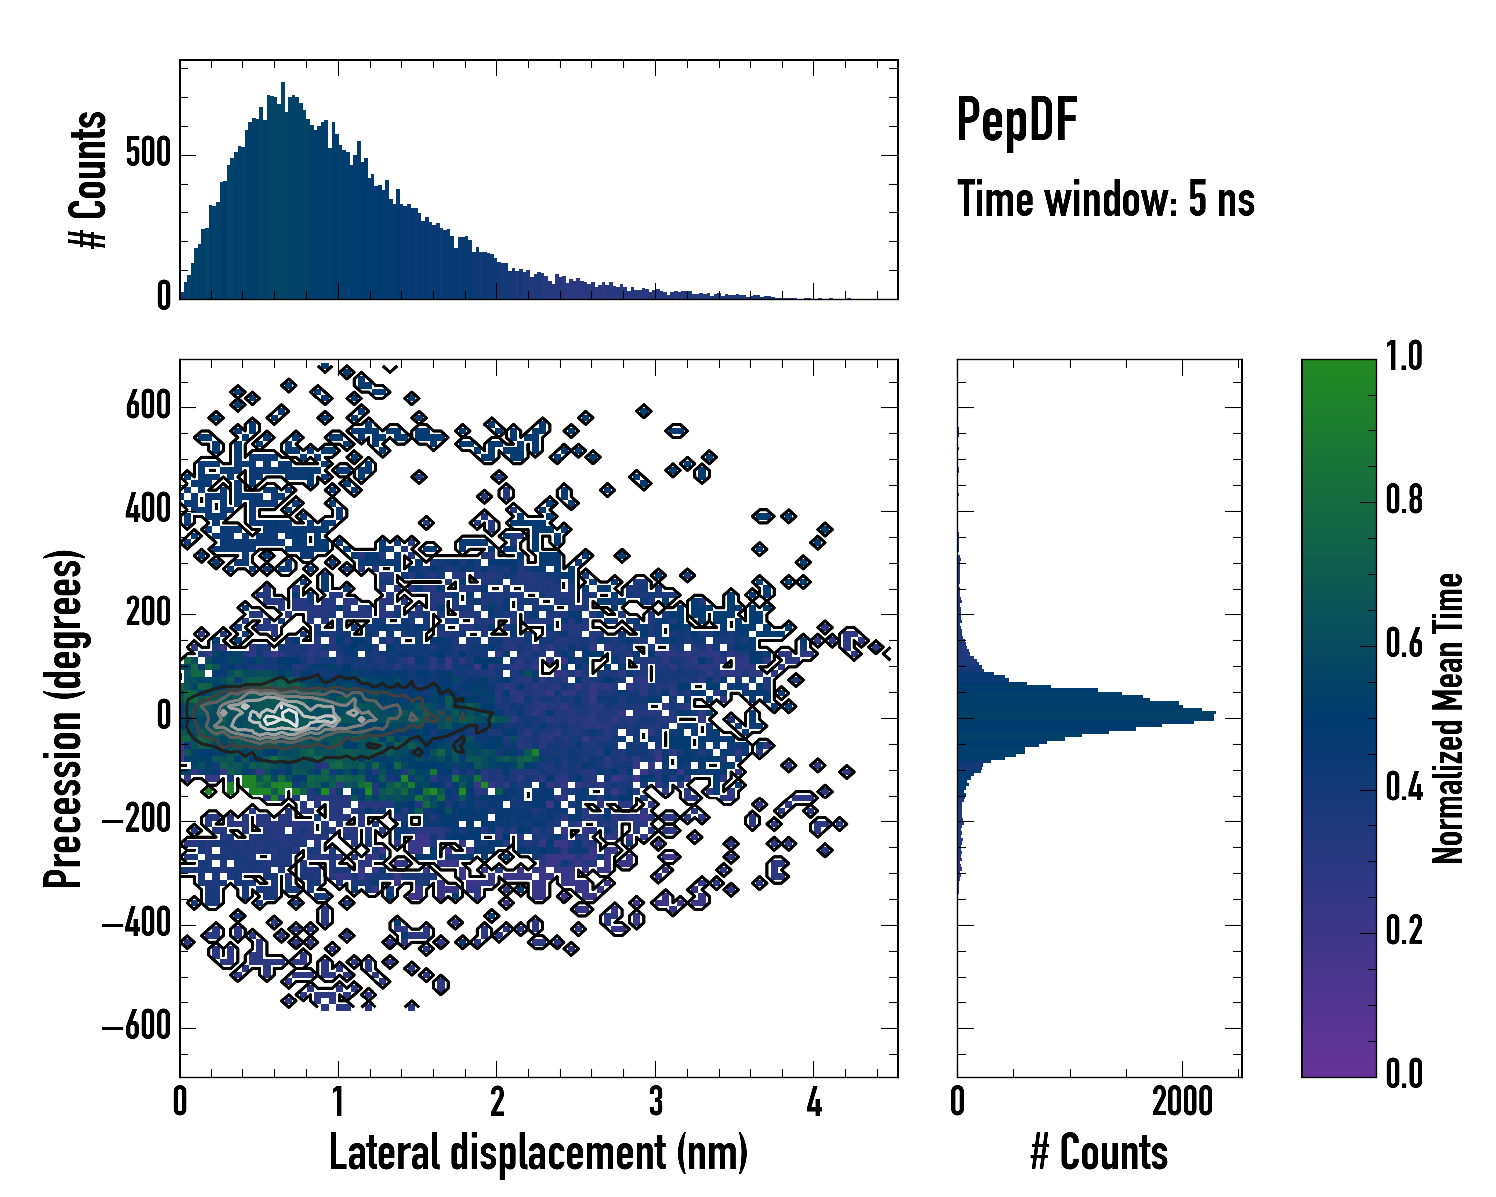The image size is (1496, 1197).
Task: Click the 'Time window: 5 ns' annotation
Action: pos(1106,199)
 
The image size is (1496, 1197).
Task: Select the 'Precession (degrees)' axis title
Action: pos(63,718)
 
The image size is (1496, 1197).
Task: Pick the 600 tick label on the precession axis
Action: pos(148,406)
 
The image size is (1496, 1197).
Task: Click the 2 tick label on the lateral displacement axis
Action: pos(497,1102)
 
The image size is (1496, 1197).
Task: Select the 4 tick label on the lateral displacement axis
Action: pos(814,1102)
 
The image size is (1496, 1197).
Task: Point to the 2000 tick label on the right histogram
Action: pos(1182,1102)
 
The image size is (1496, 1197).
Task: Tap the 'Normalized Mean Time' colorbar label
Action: pos(1448,718)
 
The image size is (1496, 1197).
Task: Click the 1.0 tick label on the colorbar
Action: pos(1404,356)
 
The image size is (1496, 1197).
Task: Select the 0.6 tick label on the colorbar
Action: pos(1404,643)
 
